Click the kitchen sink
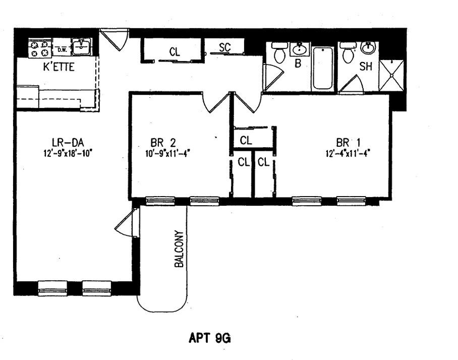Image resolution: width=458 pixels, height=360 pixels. [80, 47]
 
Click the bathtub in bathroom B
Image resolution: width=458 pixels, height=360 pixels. [322, 68]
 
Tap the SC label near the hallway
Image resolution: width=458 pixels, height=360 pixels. [225, 47]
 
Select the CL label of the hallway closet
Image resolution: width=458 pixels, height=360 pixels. [175, 51]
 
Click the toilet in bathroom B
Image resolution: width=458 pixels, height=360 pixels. [279, 52]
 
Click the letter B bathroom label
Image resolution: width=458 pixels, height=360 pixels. [298, 64]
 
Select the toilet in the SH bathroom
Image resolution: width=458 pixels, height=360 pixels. [347, 52]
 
